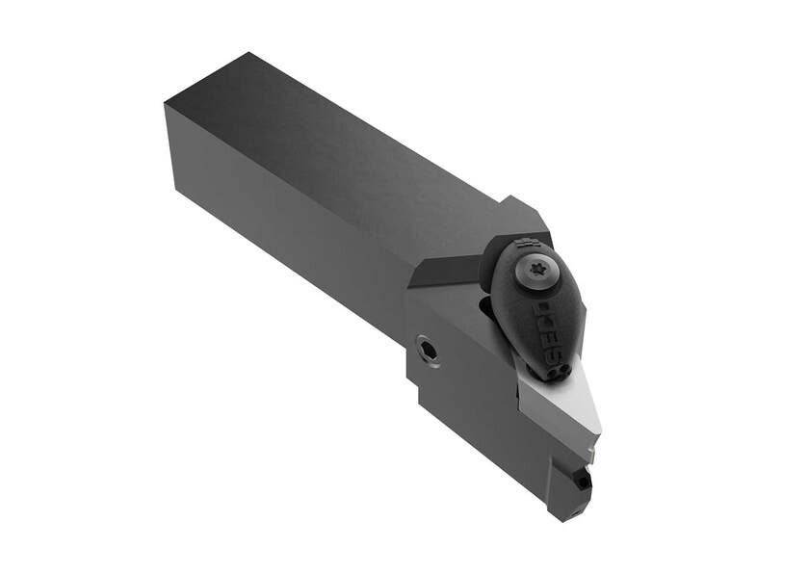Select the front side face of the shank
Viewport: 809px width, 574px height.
pos(289,241)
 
